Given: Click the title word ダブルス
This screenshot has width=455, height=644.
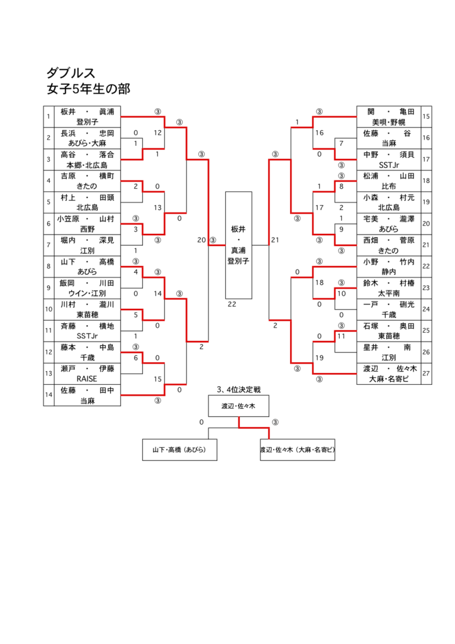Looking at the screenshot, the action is click(x=70, y=73).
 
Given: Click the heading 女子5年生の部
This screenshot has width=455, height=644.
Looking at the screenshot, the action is click(x=88, y=89).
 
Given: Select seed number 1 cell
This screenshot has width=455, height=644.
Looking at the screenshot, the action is click(x=48, y=116).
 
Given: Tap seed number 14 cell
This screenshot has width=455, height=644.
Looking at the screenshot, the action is click(x=48, y=395).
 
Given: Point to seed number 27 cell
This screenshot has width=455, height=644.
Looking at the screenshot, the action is click(x=426, y=374).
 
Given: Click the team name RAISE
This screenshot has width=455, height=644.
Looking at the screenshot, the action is click(x=87, y=379).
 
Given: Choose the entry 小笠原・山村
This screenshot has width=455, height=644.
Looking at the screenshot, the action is click(x=86, y=219).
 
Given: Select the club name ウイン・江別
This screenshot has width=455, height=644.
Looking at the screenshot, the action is click(x=87, y=293).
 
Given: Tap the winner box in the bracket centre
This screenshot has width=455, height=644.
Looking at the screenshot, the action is click(x=239, y=245).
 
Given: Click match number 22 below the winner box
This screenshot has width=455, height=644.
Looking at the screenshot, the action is click(x=232, y=304).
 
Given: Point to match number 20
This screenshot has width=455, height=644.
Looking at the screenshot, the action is click(x=201, y=240).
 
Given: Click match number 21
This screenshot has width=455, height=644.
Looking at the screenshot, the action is click(x=275, y=240).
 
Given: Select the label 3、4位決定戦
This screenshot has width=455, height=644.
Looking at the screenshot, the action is click(x=239, y=389).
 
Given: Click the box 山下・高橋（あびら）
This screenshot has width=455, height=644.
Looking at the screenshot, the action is click(x=179, y=450).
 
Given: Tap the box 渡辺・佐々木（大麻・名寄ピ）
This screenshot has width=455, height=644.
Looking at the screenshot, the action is click(x=298, y=450).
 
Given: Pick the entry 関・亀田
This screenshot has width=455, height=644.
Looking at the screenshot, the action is click(x=389, y=112).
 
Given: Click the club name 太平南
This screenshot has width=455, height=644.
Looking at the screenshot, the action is click(x=389, y=293).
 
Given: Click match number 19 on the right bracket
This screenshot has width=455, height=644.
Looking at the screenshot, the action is click(x=319, y=358).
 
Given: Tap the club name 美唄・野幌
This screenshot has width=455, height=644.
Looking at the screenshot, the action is click(x=389, y=122).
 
